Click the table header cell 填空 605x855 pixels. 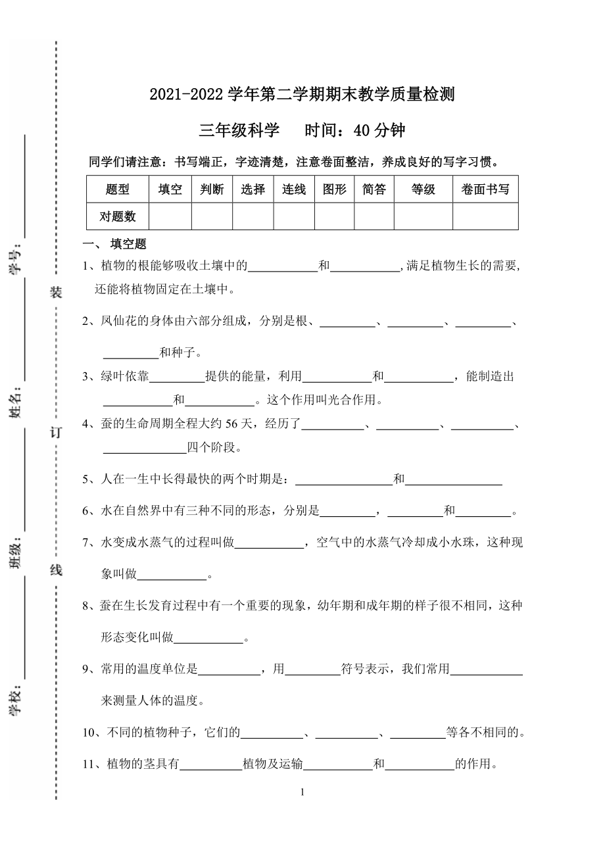coord(170,189)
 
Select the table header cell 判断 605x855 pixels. coord(212,189)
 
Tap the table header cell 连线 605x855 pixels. coord(294,189)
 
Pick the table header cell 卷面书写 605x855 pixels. coord(485,189)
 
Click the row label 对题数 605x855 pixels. coord(118,216)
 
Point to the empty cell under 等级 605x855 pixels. coord(423,216)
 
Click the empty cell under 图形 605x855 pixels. coord(335,216)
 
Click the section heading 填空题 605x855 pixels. coord(128,244)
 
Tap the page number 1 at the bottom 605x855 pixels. coord(302,792)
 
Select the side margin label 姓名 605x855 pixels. coord(15,403)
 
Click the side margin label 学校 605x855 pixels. coord(15,703)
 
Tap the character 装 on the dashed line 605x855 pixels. coord(56,293)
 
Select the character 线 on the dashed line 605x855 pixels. coord(56,570)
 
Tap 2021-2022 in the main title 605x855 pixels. coord(187,95)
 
